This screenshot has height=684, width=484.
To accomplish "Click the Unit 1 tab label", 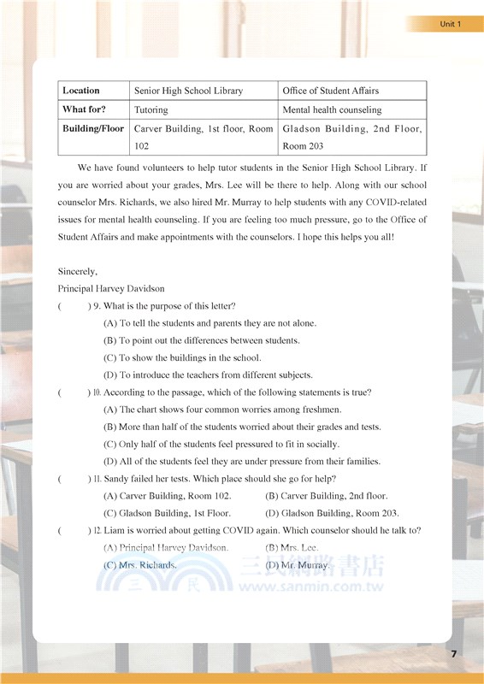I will (x=450, y=24).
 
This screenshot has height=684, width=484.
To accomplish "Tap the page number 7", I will (x=454, y=653).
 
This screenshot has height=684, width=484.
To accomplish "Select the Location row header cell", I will (x=81, y=91).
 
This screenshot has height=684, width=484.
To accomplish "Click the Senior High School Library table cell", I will (x=188, y=91).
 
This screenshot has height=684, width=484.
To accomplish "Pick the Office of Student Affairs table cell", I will (x=330, y=91).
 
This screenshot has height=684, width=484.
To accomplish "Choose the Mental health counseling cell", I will (x=332, y=109).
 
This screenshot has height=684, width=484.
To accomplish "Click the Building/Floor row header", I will (x=93, y=129).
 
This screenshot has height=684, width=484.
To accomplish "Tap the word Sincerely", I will (x=78, y=271).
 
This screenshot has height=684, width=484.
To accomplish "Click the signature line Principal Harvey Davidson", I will (x=111, y=289).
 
